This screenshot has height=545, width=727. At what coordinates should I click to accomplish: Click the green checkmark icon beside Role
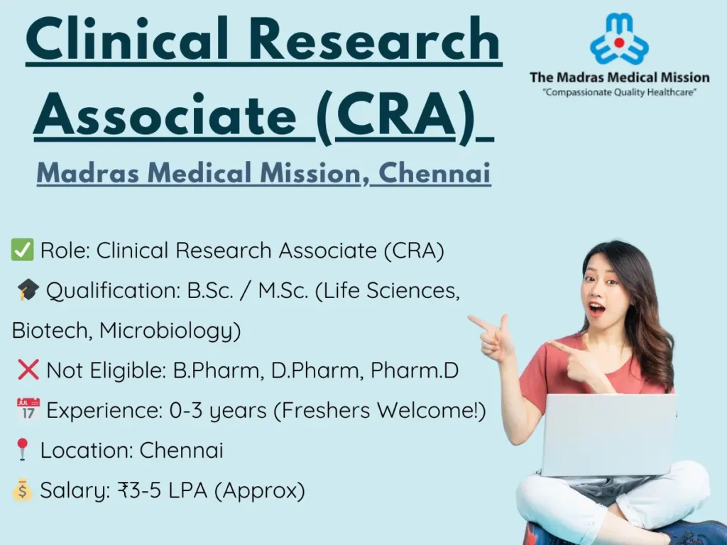tap(22, 251)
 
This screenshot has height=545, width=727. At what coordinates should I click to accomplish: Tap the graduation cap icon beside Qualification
tap(28, 291)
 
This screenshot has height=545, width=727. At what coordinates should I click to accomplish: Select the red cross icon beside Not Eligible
tap(28, 370)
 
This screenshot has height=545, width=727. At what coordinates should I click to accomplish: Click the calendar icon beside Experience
tap(28, 410)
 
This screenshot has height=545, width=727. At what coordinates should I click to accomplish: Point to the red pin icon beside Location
tap(22, 450)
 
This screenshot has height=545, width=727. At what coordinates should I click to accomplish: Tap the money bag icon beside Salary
tap(22, 490)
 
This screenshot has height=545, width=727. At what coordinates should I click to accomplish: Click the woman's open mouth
tap(597, 309)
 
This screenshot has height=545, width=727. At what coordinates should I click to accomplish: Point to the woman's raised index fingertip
tap(471, 319)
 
